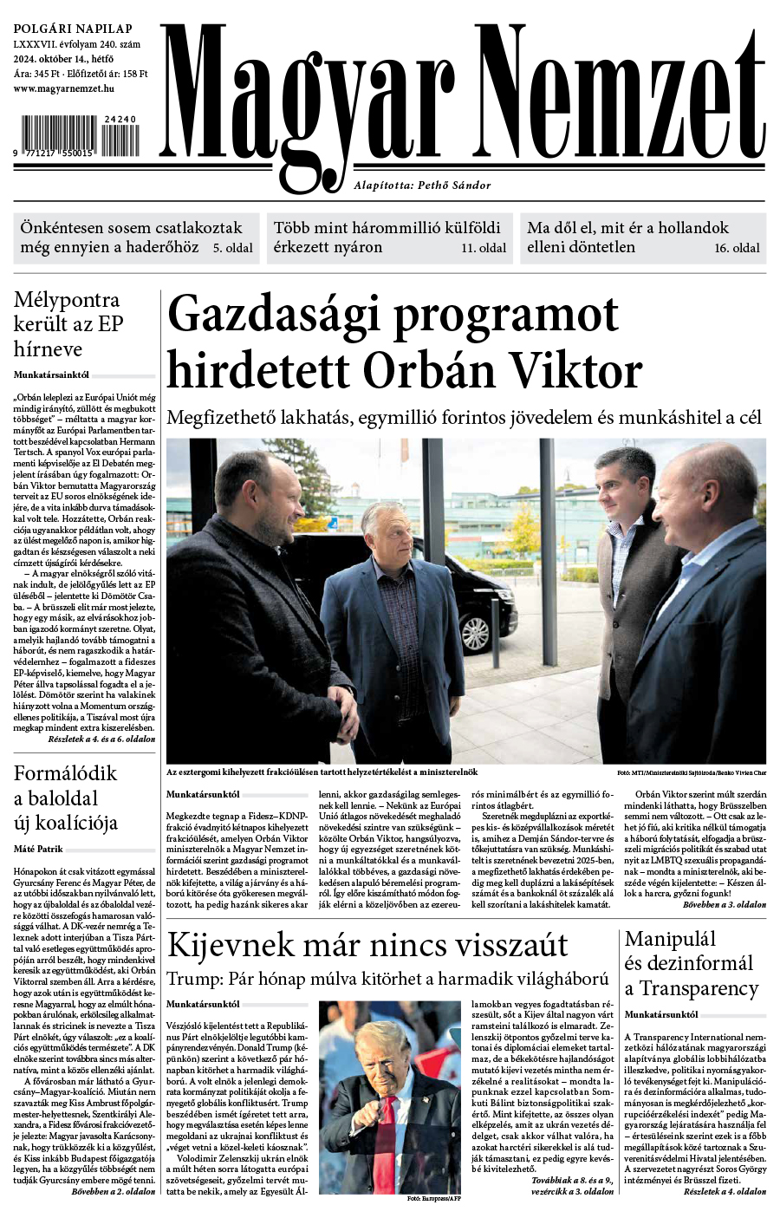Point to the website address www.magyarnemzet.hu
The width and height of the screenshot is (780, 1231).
[65, 88]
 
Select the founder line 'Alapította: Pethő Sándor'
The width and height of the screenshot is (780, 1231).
[422, 186]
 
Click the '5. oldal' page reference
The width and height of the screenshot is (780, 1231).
[233, 248]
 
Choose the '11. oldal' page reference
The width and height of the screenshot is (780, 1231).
[484, 248]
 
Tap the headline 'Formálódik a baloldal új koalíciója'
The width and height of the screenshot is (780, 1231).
[66, 798]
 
